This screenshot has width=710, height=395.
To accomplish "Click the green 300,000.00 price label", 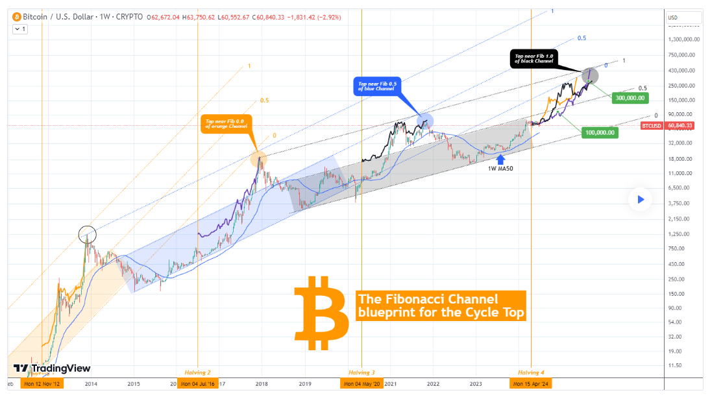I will tap(630, 98).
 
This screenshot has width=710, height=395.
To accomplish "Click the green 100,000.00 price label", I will tap(600, 132).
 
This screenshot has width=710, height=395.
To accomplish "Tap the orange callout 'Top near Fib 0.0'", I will tap(226, 123).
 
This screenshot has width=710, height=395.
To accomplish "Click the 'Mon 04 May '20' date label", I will tap(362, 383).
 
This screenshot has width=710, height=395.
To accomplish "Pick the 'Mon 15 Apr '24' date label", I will tap(532, 383).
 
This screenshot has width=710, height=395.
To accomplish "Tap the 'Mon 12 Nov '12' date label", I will tap(42, 383).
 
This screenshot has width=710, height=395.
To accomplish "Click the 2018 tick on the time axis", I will tap(262, 383).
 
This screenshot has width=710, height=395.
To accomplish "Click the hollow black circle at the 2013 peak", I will tap(87, 233).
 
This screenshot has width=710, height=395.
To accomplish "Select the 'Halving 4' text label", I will tap(532, 372).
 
